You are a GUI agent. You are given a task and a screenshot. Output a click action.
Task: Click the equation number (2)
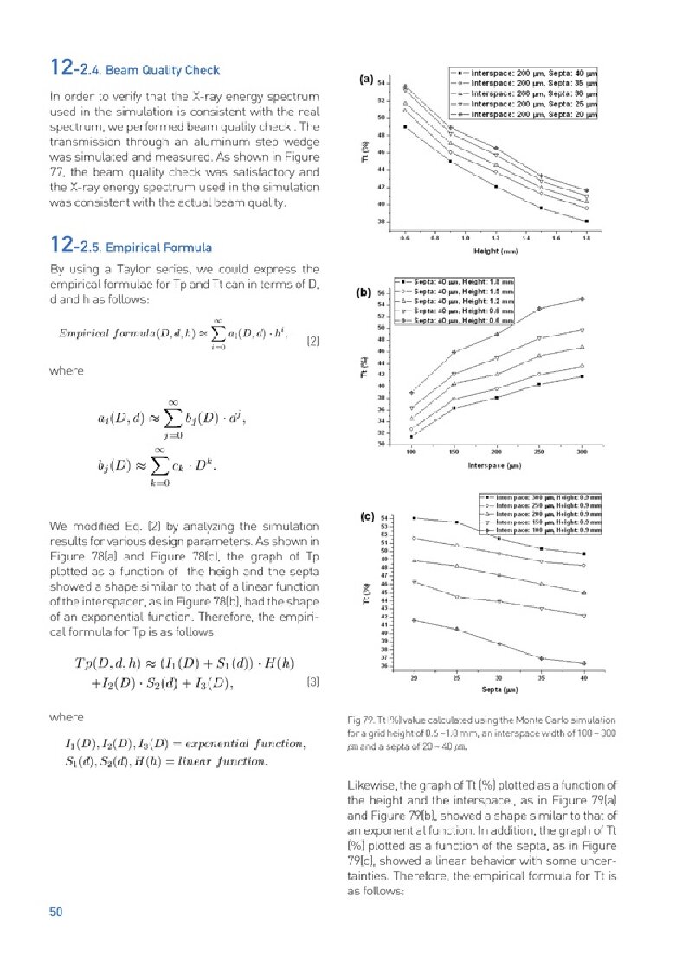click(x=313, y=341)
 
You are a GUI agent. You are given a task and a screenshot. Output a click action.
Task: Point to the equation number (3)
click(x=313, y=682)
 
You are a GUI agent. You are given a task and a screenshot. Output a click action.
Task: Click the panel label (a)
click(x=366, y=80)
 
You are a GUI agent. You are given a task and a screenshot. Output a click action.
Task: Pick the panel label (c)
click(x=366, y=517)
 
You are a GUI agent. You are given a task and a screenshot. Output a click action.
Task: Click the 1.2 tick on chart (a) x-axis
click(x=496, y=236)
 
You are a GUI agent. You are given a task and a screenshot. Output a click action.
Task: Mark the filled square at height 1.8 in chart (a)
click(x=586, y=221)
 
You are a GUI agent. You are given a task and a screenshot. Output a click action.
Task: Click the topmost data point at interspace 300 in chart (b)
click(x=582, y=299)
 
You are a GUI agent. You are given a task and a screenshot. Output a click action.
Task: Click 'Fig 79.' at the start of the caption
click(x=358, y=720)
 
